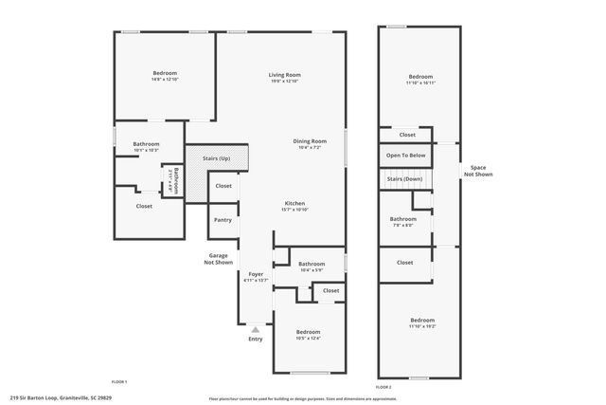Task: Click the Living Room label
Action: [283, 74]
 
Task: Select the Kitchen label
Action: [295, 204]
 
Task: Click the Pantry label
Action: [223, 220]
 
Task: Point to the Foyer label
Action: [256, 275]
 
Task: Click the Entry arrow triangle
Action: [255, 329]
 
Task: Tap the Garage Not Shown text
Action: [219, 258]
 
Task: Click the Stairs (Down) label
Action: [405, 178]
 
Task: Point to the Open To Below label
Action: [405, 155]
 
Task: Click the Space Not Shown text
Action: [478, 171]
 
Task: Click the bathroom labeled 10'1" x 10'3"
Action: [146, 145]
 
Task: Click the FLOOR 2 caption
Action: [383, 387]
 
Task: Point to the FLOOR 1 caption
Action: [118, 380]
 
